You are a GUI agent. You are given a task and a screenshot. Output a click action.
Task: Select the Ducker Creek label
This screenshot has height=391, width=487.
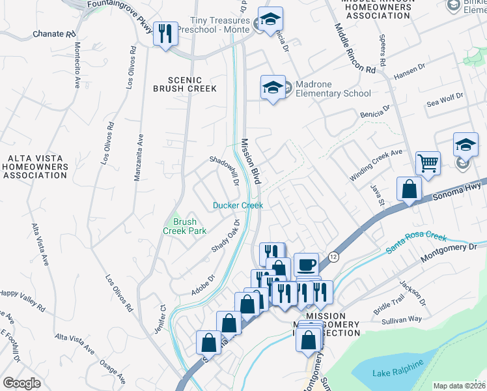coord(238,205)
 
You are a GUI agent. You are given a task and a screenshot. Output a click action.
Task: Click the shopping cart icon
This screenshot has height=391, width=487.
coord(428,163)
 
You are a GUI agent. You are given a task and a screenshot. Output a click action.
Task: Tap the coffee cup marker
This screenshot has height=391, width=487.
coord(306,265)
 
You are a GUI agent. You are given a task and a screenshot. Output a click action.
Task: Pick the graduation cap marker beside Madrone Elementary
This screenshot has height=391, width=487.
coord(273,87)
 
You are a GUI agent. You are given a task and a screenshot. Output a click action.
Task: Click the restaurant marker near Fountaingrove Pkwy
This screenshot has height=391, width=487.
coord(165,33)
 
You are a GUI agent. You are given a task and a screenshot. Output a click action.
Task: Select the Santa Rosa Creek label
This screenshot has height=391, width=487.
coord(416,243)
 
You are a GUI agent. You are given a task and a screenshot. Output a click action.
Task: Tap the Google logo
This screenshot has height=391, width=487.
coord(22,383)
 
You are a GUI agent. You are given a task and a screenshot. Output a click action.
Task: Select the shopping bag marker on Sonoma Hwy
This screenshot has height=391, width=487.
coord(409,190)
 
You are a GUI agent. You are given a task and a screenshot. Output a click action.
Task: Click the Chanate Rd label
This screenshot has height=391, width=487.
coord(44,34)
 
